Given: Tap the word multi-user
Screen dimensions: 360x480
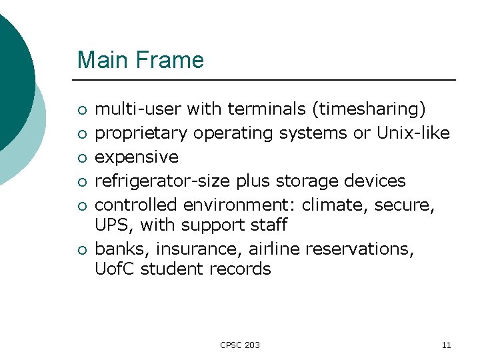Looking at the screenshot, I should tap(138, 109).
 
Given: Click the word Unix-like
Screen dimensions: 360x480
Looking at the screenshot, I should tap(413, 133).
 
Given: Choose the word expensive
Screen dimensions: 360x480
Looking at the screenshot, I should tap(137, 157).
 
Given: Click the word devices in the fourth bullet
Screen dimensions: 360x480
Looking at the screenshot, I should tap(377, 181).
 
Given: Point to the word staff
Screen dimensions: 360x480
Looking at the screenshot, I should tap(265, 226).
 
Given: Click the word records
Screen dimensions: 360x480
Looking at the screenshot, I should tap(240, 269).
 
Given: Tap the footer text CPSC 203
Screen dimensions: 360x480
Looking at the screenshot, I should tap(240, 345).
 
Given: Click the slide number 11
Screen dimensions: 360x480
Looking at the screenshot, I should tap(446, 345).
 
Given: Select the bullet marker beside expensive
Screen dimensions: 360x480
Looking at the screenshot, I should tap(81, 158).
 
